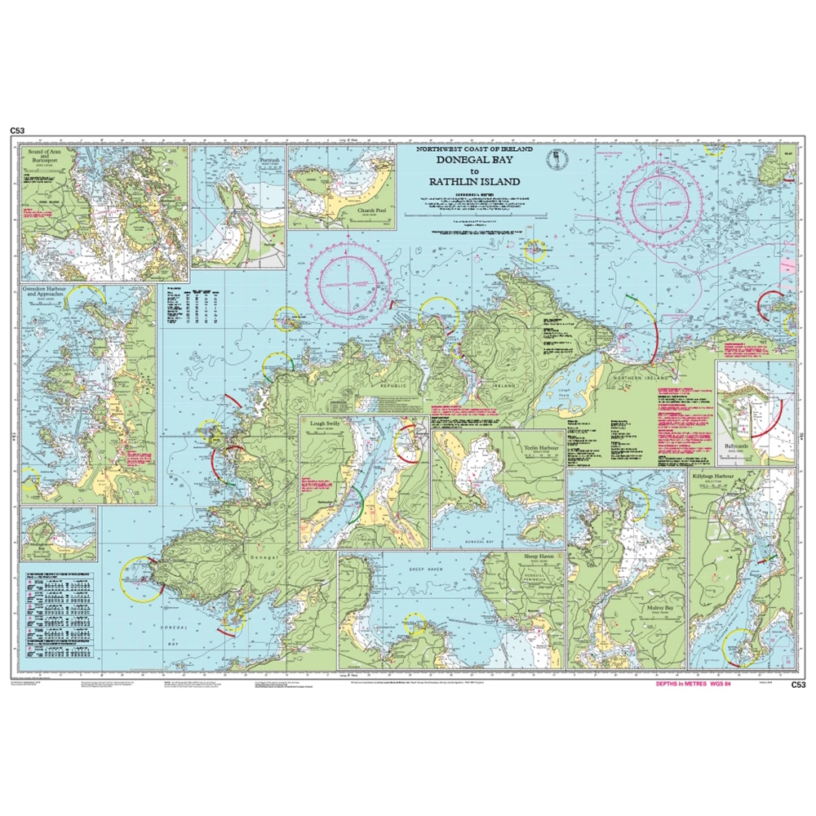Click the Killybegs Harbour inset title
pos(716,473)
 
